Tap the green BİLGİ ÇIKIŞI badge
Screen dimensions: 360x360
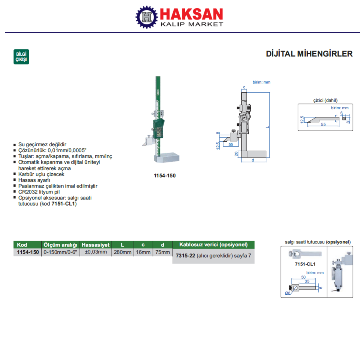(x=21, y=57)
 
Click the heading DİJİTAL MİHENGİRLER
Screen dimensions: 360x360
(x=309, y=54)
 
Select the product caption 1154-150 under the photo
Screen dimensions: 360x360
(x=165, y=175)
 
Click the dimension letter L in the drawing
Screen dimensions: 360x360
(x=268, y=127)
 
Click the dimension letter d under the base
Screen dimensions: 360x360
(x=253, y=160)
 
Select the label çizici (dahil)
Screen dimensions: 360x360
(x=325, y=100)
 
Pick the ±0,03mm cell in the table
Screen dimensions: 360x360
(x=96, y=252)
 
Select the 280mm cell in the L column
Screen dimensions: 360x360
(x=123, y=252)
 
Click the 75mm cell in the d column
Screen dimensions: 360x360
(x=163, y=252)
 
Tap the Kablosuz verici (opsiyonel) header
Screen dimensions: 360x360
(x=213, y=244)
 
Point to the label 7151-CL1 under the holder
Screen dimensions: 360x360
(x=305, y=264)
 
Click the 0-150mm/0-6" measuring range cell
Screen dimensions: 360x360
(x=60, y=252)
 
